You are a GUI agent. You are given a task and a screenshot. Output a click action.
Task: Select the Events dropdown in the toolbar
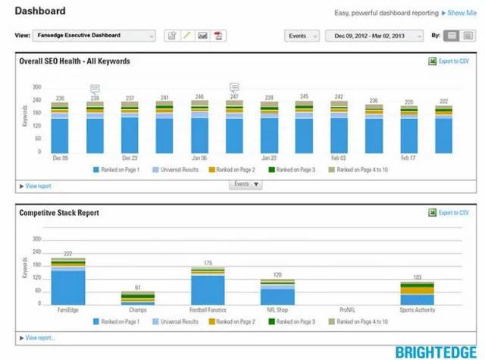pyautogui.click(x=301, y=36)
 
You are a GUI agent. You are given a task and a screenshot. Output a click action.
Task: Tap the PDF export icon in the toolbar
pyautogui.click(x=219, y=36)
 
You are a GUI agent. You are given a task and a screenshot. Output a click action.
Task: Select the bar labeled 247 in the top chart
pyautogui.click(x=234, y=129)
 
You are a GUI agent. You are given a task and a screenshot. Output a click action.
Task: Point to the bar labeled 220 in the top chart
pyautogui.click(x=408, y=131)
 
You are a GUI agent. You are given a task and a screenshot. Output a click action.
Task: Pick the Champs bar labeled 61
pyautogui.click(x=138, y=298)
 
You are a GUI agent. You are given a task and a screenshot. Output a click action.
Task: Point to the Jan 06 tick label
pyautogui.click(x=199, y=158)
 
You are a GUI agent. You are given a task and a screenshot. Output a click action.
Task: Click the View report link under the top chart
pyautogui.click(x=37, y=186)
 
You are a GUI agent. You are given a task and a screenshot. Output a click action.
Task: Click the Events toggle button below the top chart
pyautogui.click(x=246, y=184)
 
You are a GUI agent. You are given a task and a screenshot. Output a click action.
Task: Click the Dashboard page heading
pyautogui.click(x=39, y=11)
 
